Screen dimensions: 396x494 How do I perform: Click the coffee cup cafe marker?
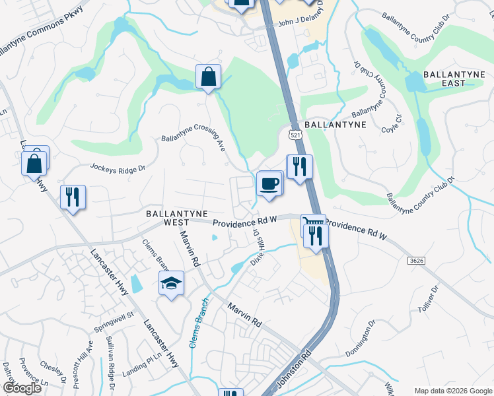click(269, 183)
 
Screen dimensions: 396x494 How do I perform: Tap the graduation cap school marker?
click(172, 284)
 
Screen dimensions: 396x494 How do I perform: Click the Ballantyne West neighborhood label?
click(173, 218)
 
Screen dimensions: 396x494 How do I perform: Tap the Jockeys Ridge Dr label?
click(118, 169)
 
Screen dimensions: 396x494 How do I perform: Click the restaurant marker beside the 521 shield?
click(299, 167)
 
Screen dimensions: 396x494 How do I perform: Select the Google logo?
click(21, 388)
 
